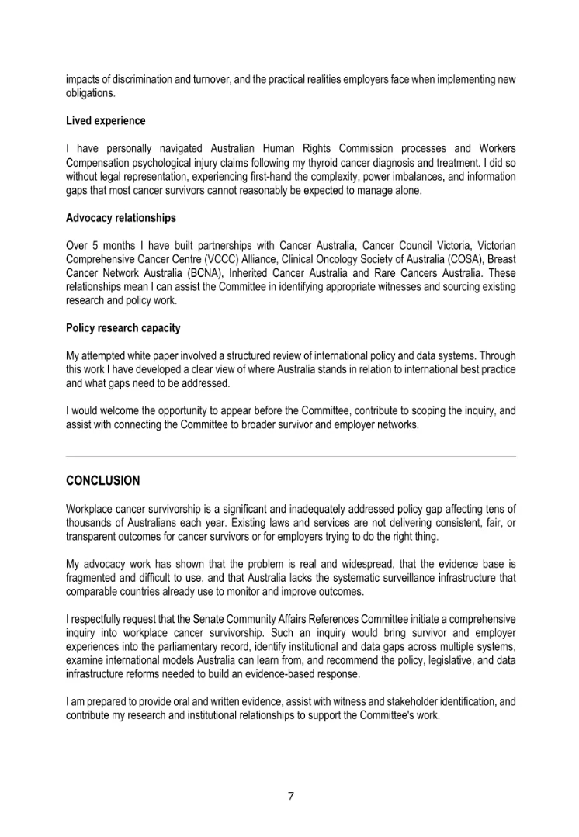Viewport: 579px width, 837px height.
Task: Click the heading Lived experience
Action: (x=106, y=121)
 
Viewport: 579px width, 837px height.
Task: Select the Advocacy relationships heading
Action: (x=121, y=218)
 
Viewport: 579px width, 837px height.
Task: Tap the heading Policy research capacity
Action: (x=123, y=328)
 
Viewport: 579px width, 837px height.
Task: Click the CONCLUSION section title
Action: (x=103, y=481)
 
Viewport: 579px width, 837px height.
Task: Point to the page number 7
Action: (x=289, y=795)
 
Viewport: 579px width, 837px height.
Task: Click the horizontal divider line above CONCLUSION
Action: (x=289, y=457)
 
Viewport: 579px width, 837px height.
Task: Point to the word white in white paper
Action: (x=139, y=356)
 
